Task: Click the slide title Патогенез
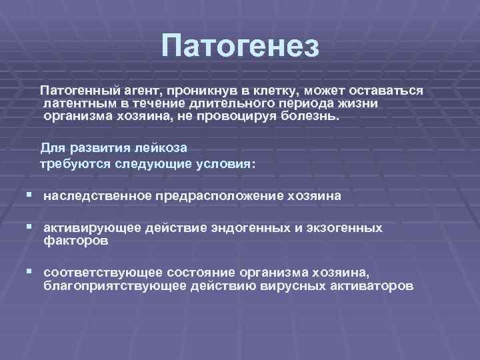click(240, 47)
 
